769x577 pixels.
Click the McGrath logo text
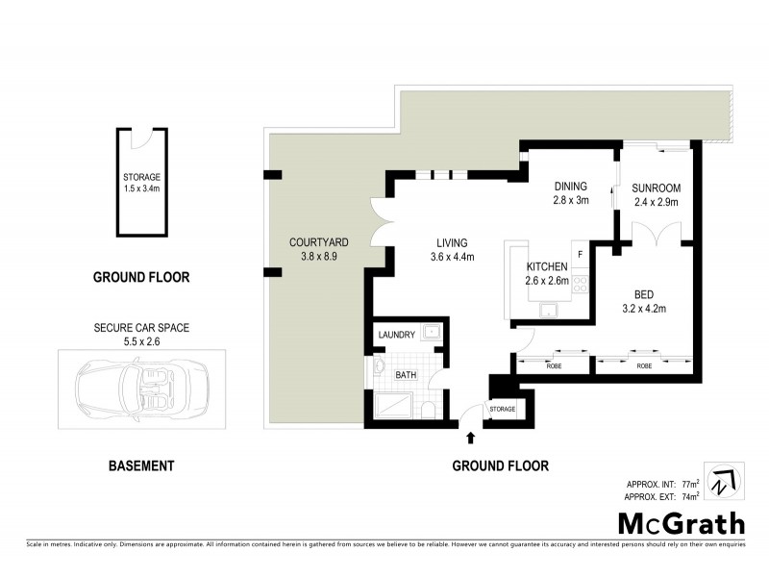pyautogui.click(x=681, y=523)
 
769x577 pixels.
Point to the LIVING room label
pyautogui.click(x=452, y=242)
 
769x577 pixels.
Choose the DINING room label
pyautogui.click(x=570, y=187)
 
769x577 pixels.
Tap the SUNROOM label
pyautogui.click(x=656, y=188)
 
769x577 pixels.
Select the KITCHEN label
pyautogui.click(x=547, y=266)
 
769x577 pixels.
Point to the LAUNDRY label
pyautogui.click(x=396, y=335)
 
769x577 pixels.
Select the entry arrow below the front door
pyautogui.click(x=470, y=439)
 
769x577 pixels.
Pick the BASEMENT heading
pyautogui.click(x=141, y=465)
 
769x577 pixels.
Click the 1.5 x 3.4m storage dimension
pyautogui.click(x=141, y=189)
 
